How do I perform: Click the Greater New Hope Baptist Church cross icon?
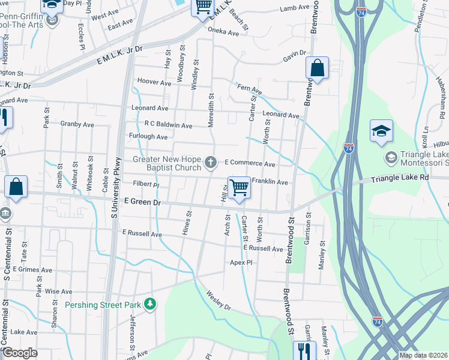(211, 162)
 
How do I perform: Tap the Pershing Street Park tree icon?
(150, 305)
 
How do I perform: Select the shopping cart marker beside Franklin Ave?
(239, 188)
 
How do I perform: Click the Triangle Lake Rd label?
(400, 178)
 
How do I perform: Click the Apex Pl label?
(241, 263)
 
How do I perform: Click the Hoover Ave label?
(154, 82)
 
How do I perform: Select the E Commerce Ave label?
(250, 163)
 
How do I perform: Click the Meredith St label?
(211, 109)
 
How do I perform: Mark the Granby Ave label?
(77, 124)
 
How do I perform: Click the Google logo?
(20, 353)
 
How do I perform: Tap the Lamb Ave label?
(294, 8)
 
